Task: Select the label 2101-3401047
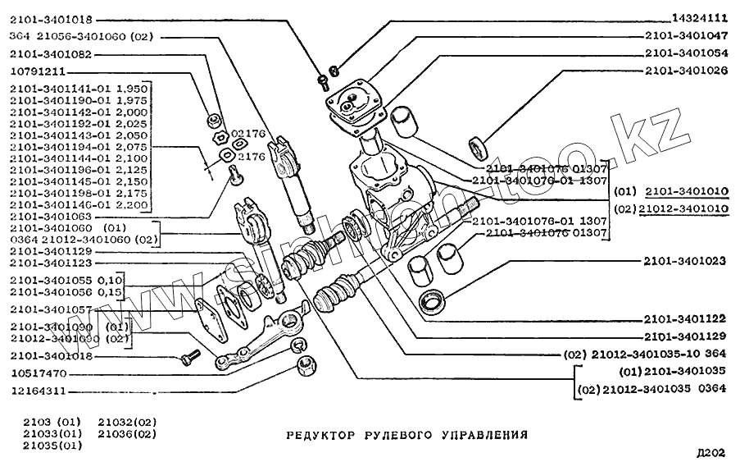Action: tap(686, 36)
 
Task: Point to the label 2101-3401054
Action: tap(686, 53)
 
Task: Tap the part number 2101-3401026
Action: tap(686, 71)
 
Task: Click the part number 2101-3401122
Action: tap(686, 319)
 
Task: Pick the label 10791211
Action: tap(37, 71)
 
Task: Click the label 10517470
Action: tap(37, 373)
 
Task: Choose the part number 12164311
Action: tap(37, 391)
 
